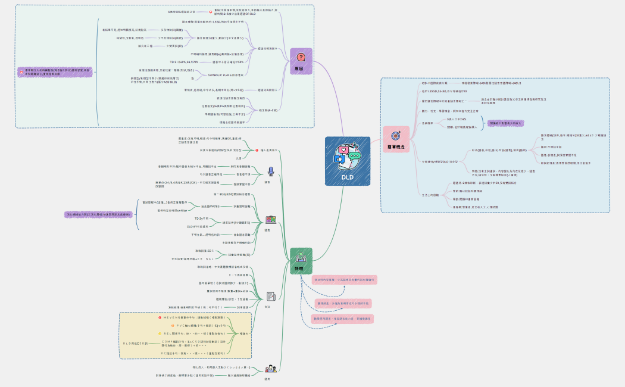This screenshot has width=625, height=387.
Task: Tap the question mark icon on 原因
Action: pos(301,57)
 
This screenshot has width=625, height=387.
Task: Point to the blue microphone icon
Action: pos(270,171)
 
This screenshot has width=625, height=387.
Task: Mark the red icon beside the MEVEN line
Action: pos(160,317)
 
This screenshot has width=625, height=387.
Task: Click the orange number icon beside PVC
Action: pos(172,326)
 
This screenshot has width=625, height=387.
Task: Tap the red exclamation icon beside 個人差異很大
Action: pos(255,150)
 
